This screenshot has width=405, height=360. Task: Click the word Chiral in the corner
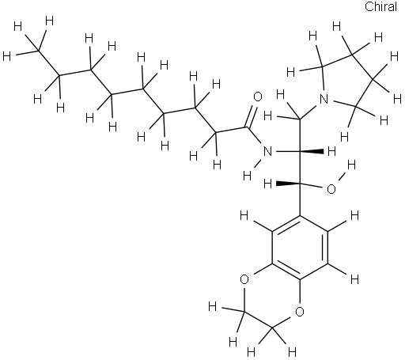tap(380, 6)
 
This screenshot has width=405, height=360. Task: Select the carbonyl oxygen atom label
tap(258, 97)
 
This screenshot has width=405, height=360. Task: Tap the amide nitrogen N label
tap(267, 152)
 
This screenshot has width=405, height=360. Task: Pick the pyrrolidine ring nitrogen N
tap(324, 99)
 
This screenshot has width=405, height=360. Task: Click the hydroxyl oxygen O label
tap(331, 189)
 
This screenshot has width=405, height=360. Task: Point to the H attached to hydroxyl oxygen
tap(351, 165)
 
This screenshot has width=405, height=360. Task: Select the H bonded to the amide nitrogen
tap(247, 176)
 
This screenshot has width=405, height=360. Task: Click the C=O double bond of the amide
tap(252, 117)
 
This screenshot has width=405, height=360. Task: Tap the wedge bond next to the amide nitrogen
tap(312, 151)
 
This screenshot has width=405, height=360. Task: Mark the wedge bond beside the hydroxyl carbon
tap(288, 184)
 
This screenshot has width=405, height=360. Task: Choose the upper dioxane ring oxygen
tap(244, 279)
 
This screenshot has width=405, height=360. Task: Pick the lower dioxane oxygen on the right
tap(300, 312)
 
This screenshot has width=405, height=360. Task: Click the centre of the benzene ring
tap(300, 248)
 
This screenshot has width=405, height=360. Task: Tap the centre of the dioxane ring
tap(272, 296)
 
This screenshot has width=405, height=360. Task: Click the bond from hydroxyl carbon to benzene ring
tap(300, 199)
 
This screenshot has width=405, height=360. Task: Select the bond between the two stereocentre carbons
tap(300, 168)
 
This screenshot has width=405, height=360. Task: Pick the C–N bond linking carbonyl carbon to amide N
tap(254, 135)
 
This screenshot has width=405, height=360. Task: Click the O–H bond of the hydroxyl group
tap(342, 176)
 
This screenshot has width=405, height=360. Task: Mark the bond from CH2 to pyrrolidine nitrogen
tap(308, 112)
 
